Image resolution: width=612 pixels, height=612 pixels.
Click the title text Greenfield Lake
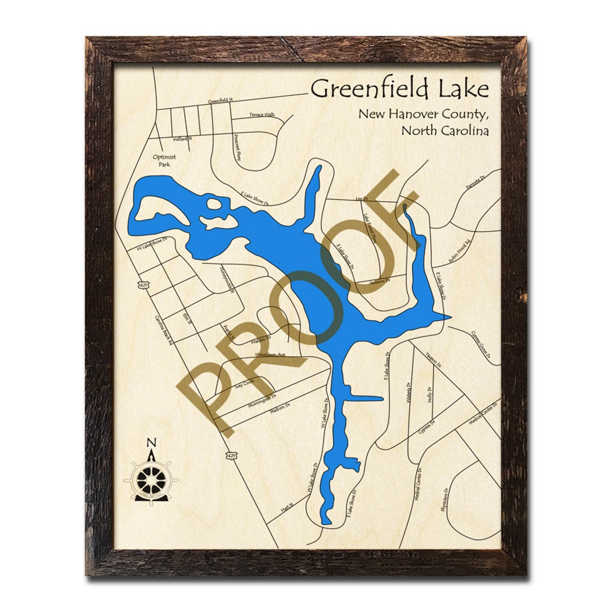[399, 89]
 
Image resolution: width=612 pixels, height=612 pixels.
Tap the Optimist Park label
[164, 160]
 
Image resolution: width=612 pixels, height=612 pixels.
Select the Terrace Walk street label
[262, 115]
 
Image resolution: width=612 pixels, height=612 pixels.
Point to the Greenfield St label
[221, 101]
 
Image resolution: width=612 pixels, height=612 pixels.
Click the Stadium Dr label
[279, 406]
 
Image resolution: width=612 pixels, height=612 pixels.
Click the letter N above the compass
[151, 443]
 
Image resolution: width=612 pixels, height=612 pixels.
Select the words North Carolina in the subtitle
[445, 130]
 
